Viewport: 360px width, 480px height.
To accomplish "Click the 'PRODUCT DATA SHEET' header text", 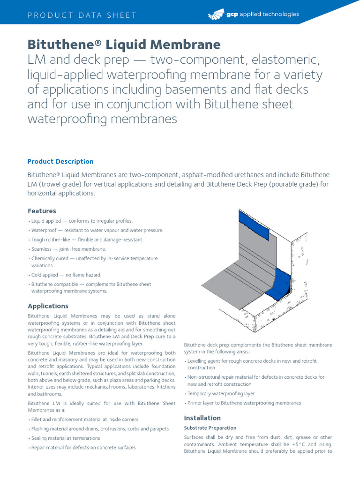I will tap(82, 15).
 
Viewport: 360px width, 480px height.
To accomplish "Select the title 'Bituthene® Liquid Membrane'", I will tap(124, 45).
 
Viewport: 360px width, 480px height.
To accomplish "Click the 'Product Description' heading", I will tap(60, 162).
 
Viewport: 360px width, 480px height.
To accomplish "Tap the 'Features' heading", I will tap(42, 211).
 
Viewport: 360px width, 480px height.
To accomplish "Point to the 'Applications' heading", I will tap(48, 306).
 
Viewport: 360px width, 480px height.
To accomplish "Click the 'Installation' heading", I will tap(202, 418).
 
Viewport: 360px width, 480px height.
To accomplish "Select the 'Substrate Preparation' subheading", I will tap(210, 428).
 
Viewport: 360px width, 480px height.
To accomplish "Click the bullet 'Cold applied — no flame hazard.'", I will tap(66, 275).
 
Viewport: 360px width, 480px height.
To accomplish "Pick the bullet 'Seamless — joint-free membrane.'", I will tap(68, 249).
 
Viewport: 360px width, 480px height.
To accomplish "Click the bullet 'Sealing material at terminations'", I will tap(65, 438).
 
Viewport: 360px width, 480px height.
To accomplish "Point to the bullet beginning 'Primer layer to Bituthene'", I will tap(244, 403).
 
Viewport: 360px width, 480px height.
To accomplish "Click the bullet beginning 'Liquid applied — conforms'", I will tap(82, 221).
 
